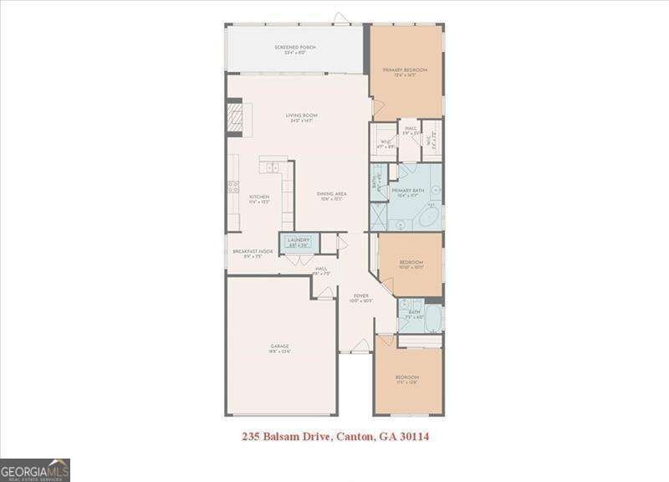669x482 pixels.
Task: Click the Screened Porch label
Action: pos(295,48)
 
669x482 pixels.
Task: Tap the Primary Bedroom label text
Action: pos(405,70)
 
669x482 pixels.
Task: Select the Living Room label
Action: pos(302,116)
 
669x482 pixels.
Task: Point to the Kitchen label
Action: pos(258,197)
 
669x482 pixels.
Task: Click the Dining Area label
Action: pos(331,194)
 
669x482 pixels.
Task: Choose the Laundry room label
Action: pos(299,241)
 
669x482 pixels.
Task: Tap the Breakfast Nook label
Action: pos(253,252)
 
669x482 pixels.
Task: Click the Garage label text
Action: pos(279,346)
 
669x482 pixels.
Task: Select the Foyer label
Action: pos(360,296)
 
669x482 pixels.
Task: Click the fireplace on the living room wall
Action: pos(235,118)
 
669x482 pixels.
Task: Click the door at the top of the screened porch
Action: pos(339,18)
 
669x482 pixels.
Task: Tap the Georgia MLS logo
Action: pos(34,469)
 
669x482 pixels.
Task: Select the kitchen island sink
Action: pos(272,167)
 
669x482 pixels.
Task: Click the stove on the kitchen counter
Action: pos(233,187)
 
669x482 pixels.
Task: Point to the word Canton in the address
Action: pos(351,436)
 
